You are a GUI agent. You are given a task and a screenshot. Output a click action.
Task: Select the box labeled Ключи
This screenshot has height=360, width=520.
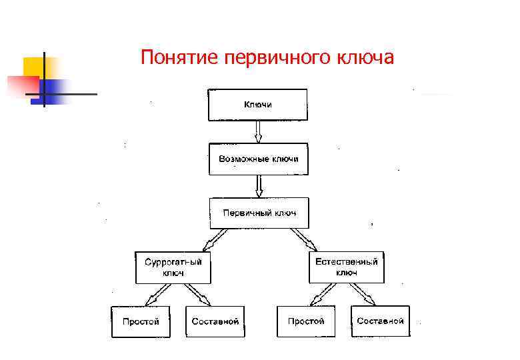click(x=258, y=105)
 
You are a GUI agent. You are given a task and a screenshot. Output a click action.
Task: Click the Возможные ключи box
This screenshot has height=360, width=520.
click(x=259, y=159)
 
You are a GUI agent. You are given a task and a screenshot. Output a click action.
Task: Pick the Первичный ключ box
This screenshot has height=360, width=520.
click(x=259, y=213)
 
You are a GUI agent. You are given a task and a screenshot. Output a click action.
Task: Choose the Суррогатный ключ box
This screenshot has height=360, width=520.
click(x=173, y=267)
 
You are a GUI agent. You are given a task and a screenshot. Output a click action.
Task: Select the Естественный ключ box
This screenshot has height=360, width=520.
click(x=347, y=267)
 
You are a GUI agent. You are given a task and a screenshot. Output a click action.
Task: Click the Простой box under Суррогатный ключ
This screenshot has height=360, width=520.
click(x=141, y=321)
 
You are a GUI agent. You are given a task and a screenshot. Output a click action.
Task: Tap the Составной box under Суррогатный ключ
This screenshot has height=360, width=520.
click(x=215, y=321)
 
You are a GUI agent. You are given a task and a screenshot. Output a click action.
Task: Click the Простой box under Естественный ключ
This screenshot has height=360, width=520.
click(x=306, y=321)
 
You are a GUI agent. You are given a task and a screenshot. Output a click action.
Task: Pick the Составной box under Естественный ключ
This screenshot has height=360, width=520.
click(x=380, y=321)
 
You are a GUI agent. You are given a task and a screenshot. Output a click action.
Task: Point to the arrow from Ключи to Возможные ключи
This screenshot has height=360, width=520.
click(x=259, y=132)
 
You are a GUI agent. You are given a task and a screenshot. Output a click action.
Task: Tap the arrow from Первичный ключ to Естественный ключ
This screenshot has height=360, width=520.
click(x=303, y=239)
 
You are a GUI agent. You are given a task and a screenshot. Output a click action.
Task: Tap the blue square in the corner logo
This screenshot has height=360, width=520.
click(x=56, y=91)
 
